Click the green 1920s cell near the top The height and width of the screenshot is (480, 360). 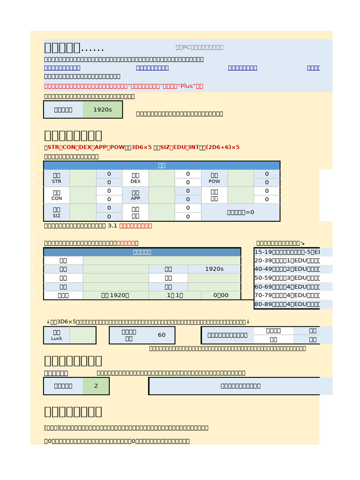pyautogui.click(x=102, y=110)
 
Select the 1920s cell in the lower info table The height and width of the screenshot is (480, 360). pyautogui.click(x=214, y=269)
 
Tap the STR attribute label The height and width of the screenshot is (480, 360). pyautogui.click(x=57, y=178)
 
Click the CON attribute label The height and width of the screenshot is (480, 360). pyautogui.click(x=57, y=195)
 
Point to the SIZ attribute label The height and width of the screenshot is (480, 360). pyautogui.click(x=57, y=212)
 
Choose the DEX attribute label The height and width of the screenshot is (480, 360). pyautogui.click(x=135, y=178)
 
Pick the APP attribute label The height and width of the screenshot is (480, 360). pyautogui.click(x=135, y=195)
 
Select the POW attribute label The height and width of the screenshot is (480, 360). pyautogui.click(x=214, y=178)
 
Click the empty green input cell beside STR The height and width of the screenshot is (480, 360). pyautogui.click(x=83, y=178)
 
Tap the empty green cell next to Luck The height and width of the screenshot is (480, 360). pyautogui.click(x=83, y=335)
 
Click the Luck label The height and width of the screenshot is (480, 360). pyautogui.click(x=57, y=335)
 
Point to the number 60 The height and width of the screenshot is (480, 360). pyautogui.click(x=162, y=335)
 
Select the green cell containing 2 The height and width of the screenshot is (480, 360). pyautogui.click(x=96, y=386)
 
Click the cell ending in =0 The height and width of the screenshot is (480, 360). pyautogui.click(x=240, y=212)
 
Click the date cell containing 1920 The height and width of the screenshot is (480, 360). pyautogui.click(x=116, y=295)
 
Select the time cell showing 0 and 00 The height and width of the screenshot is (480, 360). pyautogui.click(x=221, y=295)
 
